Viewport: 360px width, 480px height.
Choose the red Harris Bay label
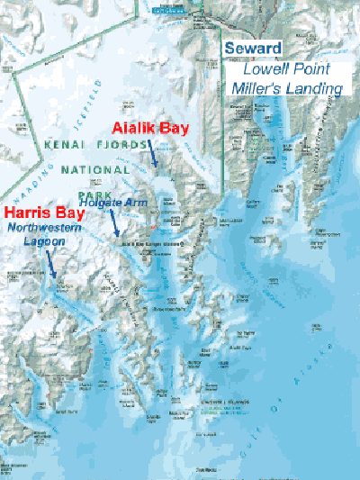click(40, 214)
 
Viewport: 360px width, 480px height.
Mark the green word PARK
click(91, 195)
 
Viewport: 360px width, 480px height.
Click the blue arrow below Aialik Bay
click(154, 155)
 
